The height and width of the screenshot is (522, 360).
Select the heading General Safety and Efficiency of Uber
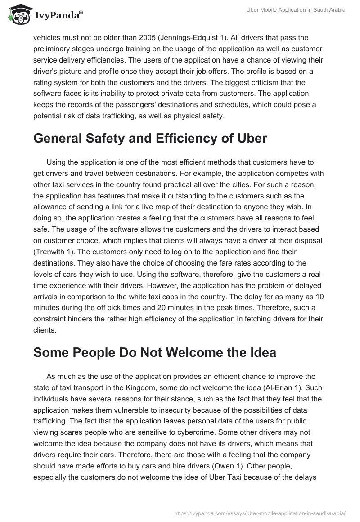pyautogui.click(x=150, y=139)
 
